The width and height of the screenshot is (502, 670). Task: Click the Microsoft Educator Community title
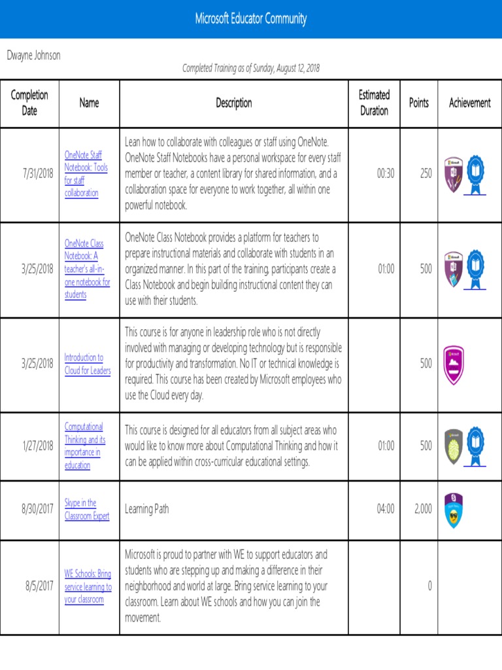250,19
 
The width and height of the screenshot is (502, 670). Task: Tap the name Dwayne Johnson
33,56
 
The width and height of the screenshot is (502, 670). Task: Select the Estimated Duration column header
374,103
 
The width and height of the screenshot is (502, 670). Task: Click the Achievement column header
469,103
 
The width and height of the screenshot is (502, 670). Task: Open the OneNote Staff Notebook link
86,174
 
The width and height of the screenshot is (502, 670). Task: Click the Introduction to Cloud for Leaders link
88,364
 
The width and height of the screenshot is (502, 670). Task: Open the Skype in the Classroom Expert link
87,510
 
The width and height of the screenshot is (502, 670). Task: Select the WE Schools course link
88,587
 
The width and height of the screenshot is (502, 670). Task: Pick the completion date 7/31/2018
38,174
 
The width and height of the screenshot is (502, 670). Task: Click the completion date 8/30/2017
38,509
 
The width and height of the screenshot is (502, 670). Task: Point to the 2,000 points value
423,509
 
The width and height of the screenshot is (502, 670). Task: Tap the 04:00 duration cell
386,509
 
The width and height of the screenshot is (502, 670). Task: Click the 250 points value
426,174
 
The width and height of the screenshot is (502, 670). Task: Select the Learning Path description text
146,509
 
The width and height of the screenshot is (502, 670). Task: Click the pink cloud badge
453,364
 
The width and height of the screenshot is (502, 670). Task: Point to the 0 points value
429,586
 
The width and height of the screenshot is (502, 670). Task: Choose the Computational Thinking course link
85,446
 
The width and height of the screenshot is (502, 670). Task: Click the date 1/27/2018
38,446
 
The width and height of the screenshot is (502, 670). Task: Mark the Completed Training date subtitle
250,68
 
